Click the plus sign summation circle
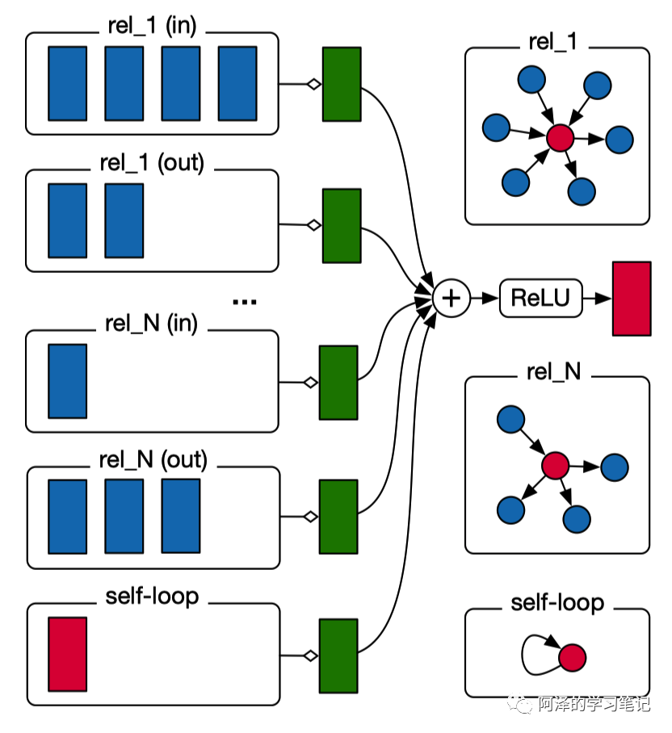point(451,298)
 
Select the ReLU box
point(540,298)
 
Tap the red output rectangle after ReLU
point(632,299)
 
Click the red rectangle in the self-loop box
point(67,654)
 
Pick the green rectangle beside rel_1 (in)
point(342,84)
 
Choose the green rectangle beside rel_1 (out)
point(342,226)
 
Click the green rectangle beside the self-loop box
point(338,656)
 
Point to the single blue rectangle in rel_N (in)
point(67,381)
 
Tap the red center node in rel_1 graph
point(560,138)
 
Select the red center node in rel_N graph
point(555,466)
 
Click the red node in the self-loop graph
point(573,658)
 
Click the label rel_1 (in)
point(152,26)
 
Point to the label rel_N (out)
point(153,460)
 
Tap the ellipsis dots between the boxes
point(245,302)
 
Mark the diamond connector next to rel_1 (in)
point(314,84)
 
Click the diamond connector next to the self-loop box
point(311,656)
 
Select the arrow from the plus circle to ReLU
point(484,298)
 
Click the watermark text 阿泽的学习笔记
point(594,704)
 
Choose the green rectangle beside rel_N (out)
point(338,517)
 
